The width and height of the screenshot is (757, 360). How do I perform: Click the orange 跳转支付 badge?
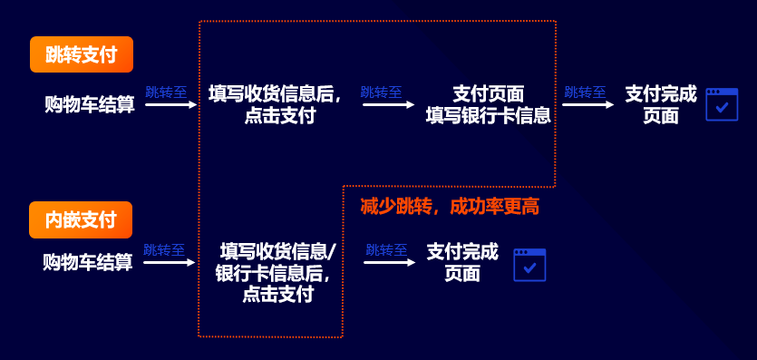(82, 54)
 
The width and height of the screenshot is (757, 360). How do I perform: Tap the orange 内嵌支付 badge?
(81, 219)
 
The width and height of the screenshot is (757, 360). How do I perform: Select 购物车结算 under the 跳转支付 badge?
(89, 104)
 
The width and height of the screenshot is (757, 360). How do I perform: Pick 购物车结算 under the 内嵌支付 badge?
(88, 263)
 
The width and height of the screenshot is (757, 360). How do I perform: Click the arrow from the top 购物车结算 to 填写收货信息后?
(170, 104)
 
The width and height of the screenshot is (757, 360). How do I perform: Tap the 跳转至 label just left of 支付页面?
(381, 92)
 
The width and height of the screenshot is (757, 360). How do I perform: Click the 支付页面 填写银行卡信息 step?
(488, 104)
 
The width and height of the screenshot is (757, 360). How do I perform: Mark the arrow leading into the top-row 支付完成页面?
(587, 104)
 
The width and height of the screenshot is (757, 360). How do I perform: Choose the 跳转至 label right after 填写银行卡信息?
(585, 92)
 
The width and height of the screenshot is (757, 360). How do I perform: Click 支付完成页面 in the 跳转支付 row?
(661, 104)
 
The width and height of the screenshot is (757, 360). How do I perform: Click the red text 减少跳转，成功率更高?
(450, 207)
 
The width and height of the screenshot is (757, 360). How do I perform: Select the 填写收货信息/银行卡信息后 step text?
(277, 272)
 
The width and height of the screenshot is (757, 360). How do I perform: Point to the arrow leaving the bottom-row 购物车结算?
(170, 263)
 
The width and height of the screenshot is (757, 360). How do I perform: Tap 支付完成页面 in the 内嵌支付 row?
(462, 262)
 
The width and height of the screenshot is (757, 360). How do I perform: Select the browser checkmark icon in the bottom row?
(529, 264)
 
